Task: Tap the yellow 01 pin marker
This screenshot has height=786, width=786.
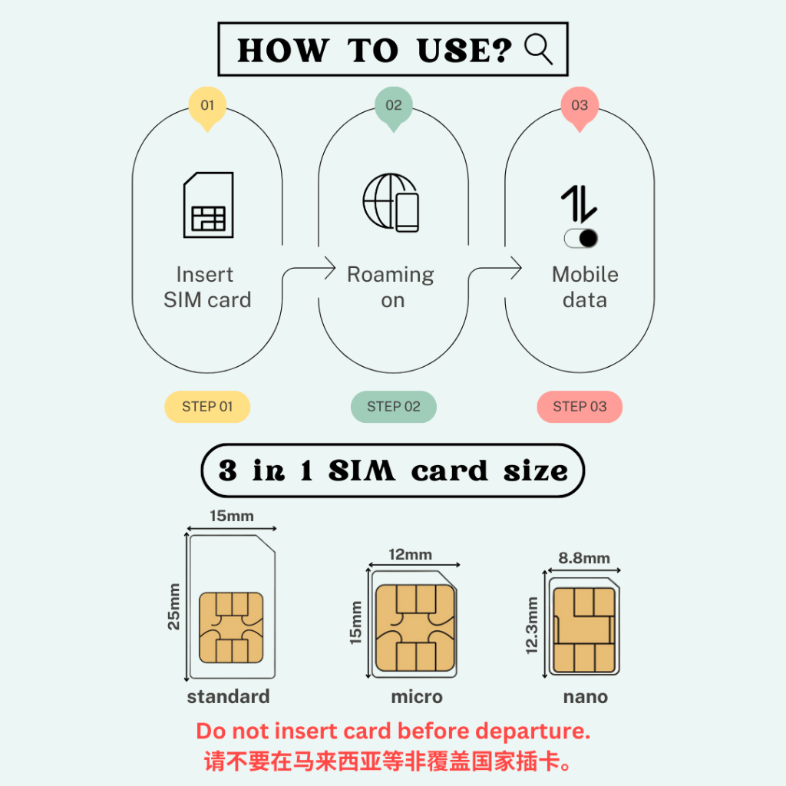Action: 207,107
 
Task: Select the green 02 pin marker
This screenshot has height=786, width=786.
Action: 394,107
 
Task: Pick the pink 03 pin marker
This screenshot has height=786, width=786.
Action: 580,107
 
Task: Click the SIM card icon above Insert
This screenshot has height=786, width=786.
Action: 208,204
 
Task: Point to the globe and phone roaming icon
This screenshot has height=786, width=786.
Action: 391,203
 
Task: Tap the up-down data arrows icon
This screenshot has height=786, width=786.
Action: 579,204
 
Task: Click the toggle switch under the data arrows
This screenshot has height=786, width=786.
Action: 581,238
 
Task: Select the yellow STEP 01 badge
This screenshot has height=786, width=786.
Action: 207,407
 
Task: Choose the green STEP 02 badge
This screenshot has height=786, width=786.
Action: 394,407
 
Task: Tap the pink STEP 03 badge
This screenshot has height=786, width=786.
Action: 580,407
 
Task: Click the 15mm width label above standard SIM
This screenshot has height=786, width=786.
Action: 232,516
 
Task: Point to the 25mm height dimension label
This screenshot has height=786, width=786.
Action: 173,606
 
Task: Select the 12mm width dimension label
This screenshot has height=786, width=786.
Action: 410,554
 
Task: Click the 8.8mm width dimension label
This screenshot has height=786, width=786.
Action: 584,558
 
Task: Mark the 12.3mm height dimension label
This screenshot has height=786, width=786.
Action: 532,625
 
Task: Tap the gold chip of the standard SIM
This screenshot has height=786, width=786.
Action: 231,628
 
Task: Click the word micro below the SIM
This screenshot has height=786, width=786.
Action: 417,697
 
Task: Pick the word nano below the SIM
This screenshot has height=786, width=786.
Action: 586,697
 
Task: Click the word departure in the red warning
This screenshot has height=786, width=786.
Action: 533,732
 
